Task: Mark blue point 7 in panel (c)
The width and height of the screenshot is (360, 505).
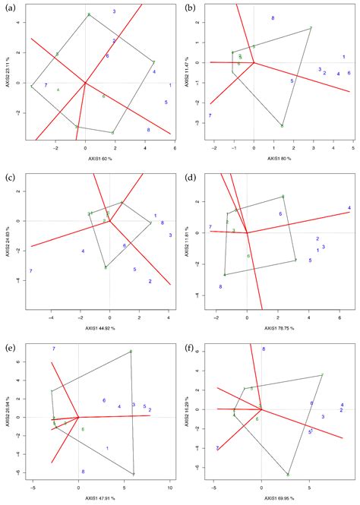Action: point(30,271)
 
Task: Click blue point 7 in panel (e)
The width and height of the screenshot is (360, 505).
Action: point(53,349)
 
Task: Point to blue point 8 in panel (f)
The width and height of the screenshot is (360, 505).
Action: point(264,349)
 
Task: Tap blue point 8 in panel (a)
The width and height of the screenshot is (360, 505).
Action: point(148,130)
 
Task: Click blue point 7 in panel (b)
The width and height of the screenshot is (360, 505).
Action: point(210,116)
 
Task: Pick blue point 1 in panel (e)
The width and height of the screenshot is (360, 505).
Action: point(107,448)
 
